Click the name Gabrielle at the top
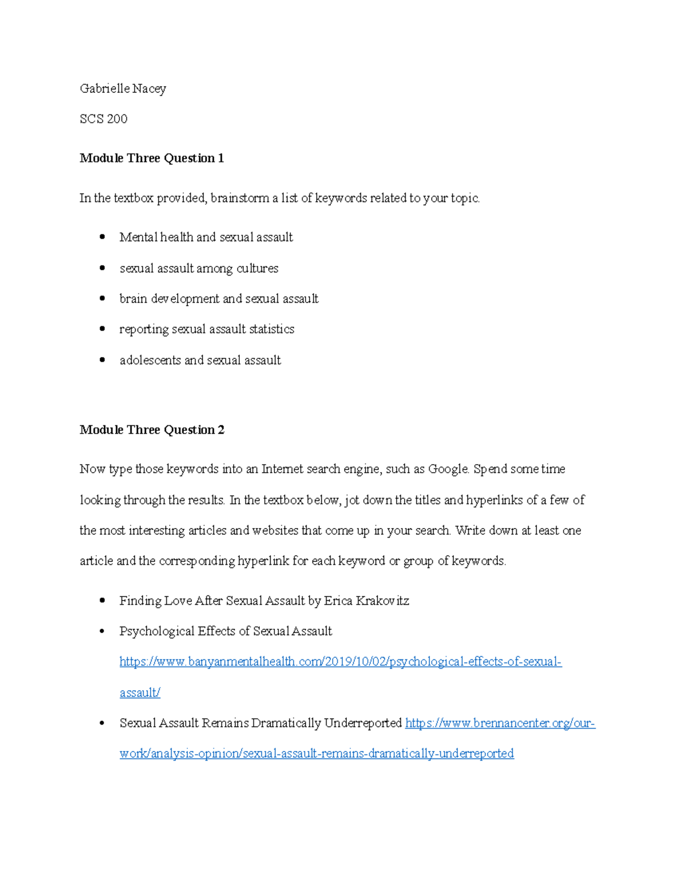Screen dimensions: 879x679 [x=105, y=88]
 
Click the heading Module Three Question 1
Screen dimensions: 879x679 [x=152, y=158]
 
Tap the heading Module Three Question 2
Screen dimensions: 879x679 [x=152, y=430]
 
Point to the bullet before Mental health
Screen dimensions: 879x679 [x=102, y=237]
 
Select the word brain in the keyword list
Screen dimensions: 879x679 [x=133, y=299]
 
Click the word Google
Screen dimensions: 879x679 [x=448, y=469]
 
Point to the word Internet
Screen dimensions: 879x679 [x=282, y=469]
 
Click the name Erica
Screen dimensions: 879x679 [x=338, y=601]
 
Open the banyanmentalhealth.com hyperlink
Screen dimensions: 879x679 [x=340, y=662]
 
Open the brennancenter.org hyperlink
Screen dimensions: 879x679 [x=500, y=723]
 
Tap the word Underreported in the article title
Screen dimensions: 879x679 [x=363, y=723]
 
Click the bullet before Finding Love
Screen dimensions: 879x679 [x=102, y=601]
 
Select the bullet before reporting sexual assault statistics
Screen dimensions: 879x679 [x=102, y=329]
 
